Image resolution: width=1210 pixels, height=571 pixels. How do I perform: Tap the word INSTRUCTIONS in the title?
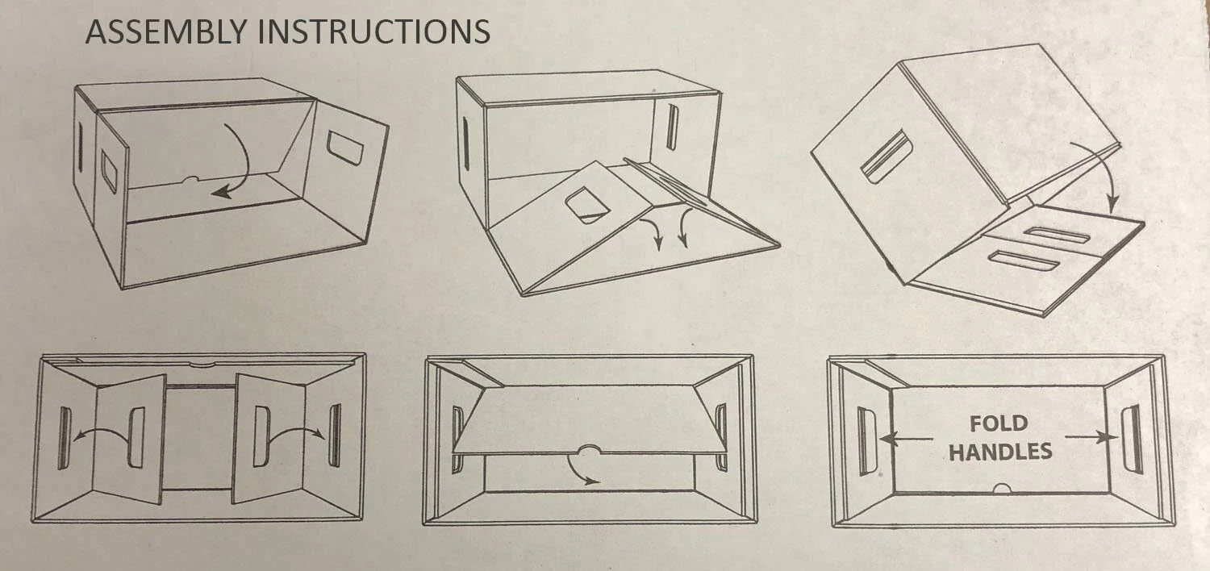(373, 31)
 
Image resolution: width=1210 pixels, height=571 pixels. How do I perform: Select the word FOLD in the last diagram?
(999, 423)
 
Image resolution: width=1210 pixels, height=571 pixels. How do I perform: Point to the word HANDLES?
(1000, 452)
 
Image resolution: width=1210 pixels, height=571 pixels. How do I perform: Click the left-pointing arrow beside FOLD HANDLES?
(907, 438)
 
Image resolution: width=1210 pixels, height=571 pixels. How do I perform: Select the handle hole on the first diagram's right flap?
(344, 146)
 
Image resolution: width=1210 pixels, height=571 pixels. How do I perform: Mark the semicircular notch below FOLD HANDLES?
(1003, 489)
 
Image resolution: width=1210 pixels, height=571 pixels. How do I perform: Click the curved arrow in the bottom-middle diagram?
(578, 473)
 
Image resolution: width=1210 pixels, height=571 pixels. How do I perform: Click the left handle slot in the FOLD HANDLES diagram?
(867, 441)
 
